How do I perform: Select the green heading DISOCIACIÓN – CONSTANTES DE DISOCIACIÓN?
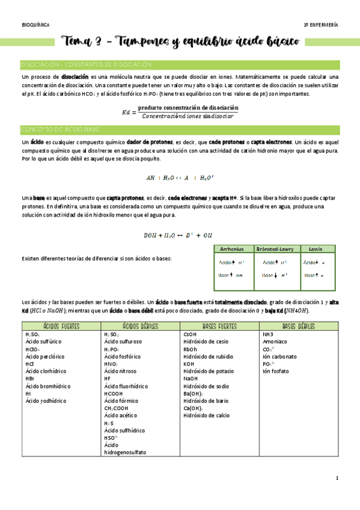86,64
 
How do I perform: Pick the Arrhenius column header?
231,248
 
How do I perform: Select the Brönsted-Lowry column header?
275,248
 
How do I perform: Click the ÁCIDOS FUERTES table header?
61,326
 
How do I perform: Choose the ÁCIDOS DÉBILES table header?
140,326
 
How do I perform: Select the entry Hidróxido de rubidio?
209,356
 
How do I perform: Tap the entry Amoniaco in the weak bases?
276,341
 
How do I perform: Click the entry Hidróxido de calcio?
207,415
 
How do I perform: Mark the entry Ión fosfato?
276,371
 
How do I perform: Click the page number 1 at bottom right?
337,478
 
